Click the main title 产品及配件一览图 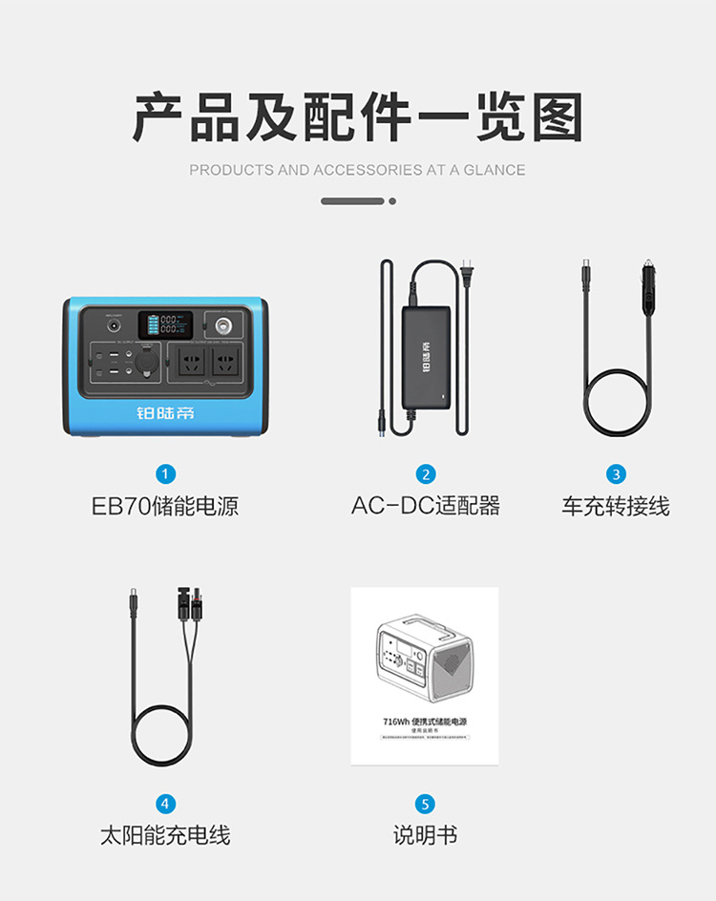coord(358,118)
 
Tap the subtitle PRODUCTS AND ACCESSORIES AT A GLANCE coord(357,170)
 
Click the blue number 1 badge coord(166,474)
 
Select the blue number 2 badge coord(426,474)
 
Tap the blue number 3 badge coord(616,474)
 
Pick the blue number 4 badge coord(166,804)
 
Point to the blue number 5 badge coord(426,804)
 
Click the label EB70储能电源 coord(165,506)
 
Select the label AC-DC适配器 coord(426,506)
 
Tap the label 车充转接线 coord(616,506)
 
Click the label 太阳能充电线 coord(165,835)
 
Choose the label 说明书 coord(426,835)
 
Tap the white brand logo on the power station coord(164,412)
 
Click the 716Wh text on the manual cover coord(395,722)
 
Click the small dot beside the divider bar coord(392,201)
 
